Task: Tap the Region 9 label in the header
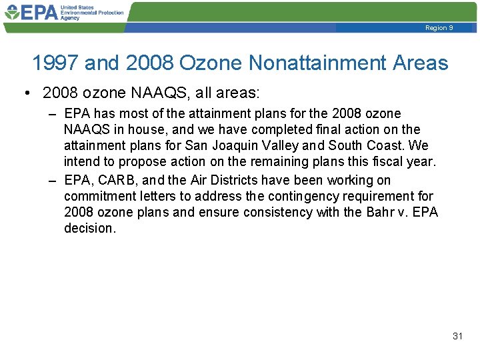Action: pyautogui.click(x=439, y=28)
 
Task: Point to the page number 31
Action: pyautogui.click(x=457, y=336)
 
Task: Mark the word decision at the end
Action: pyautogui.click(x=89, y=228)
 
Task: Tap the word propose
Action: pyautogui.click(x=141, y=161)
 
